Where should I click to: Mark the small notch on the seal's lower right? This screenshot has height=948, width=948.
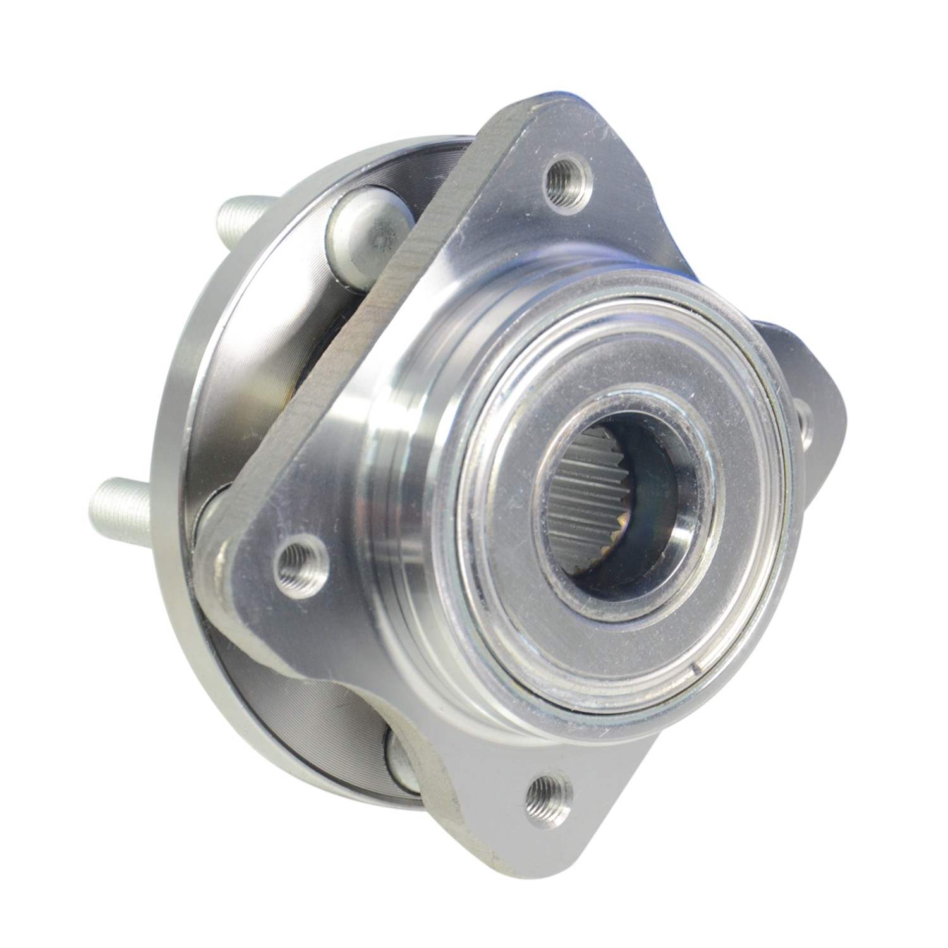pyautogui.click(x=697, y=669)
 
